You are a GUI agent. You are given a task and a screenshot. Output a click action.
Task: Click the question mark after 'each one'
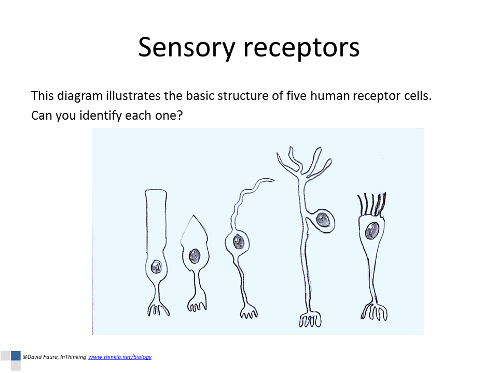pos(180,115)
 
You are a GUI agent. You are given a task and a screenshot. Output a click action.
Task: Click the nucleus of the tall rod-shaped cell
pos(156,267)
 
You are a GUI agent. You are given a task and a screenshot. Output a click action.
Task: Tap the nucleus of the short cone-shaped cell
pos(195,255)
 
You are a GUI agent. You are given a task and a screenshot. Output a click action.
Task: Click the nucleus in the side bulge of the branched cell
pos(324,220)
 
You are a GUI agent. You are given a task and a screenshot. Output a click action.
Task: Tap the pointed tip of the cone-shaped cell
pos(194,217)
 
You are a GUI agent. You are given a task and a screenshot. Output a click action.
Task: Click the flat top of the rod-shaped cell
pos(156,192)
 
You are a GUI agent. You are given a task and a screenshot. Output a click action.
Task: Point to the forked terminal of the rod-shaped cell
pos(156,309)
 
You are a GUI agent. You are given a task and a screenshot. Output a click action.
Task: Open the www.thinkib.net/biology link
pos(120,357)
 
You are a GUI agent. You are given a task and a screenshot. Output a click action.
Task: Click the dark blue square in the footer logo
pos(16,356)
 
